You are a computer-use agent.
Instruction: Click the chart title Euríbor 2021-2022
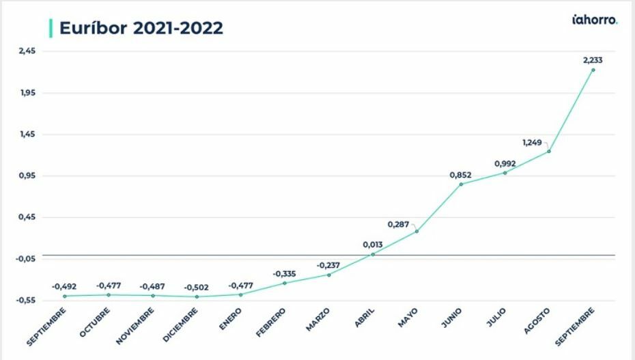click(141, 28)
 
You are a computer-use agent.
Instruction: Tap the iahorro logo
click(595, 20)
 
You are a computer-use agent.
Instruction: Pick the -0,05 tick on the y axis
click(27, 259)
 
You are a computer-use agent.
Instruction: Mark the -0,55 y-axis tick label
click(27, 301)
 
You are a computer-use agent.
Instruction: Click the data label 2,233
click(593, 60)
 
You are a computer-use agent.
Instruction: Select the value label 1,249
click(532, 143)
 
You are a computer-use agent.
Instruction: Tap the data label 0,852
click(460, 175)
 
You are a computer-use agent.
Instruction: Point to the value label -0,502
click(197, 288)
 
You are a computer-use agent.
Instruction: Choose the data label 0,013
click(373, 245)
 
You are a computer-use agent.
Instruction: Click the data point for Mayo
click(417, 232)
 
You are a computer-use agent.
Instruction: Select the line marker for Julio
click(505, 173)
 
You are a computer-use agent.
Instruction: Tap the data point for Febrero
click(284, 283)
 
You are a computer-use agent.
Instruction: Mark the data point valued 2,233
click(593, 70)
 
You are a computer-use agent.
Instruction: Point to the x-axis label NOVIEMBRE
click(136, 323)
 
